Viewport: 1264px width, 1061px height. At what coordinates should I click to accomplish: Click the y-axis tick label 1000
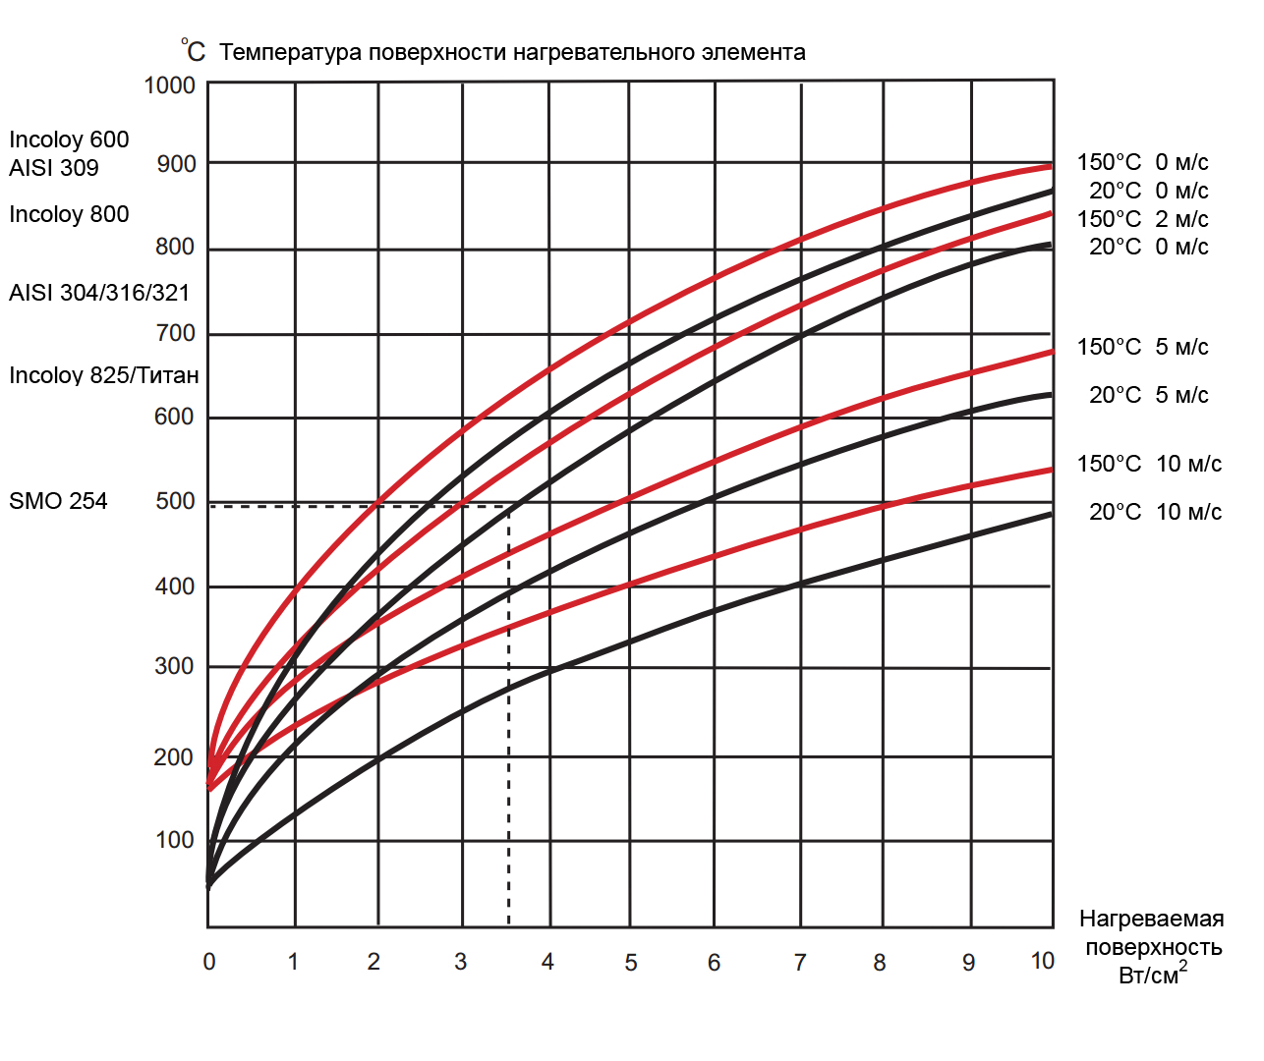pos(169,85)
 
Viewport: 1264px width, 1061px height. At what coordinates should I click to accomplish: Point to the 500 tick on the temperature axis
pos(175,501)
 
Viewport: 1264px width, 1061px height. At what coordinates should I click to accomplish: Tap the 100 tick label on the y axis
pos(175,840)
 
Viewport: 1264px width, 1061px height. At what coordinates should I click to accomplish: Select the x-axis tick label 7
pos(800,963)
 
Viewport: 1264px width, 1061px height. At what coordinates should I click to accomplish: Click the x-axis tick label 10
pos(1042,961)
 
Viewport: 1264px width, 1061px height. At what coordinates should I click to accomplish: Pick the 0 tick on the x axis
pos(209,962)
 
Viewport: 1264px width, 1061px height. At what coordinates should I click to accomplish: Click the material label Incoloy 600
pos(69,140)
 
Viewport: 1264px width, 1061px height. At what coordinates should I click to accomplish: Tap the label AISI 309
pos(54,168)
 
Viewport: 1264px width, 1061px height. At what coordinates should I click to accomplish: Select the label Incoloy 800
pos(69,214)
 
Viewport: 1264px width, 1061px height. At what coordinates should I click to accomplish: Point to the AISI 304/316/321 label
pos(99,293)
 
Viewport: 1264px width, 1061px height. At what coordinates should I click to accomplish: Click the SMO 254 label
pos(58,501)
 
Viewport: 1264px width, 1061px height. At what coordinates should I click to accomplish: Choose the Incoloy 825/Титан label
pos(104,375)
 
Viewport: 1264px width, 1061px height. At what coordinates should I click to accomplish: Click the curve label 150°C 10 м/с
pos(1149,464)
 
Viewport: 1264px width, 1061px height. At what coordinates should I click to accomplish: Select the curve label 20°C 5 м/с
pos(1149,395)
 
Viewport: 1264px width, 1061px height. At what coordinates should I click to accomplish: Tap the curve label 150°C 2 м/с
pos(1142,219)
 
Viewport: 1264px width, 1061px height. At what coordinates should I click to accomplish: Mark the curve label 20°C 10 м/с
pos(1155,512)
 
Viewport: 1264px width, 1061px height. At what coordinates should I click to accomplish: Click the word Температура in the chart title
pos(291,52)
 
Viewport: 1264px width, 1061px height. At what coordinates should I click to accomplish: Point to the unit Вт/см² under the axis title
pos(1152,975)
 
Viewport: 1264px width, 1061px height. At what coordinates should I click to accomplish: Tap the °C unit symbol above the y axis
pos(193,51)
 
